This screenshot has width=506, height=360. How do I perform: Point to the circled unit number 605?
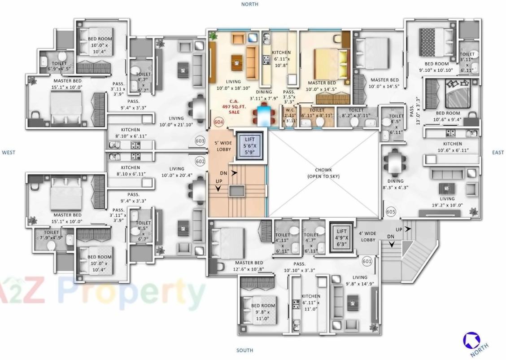(x=390, y=211)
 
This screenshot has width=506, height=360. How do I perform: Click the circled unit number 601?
(x=367, y=260)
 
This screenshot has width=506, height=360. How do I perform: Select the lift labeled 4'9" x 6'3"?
(x=342, y=234)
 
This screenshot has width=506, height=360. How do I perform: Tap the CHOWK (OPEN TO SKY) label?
(x=323, y=173)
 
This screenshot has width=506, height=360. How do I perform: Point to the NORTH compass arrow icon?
(x=471, y=340)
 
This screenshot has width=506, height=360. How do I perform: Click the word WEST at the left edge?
(x=9, y=153)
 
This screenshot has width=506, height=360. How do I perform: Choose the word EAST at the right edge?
(x=498, y=153)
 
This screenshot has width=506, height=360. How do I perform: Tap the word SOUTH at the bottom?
(x=244, y=350)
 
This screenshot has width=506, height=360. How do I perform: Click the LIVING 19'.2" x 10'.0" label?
(x=447, y=202)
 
